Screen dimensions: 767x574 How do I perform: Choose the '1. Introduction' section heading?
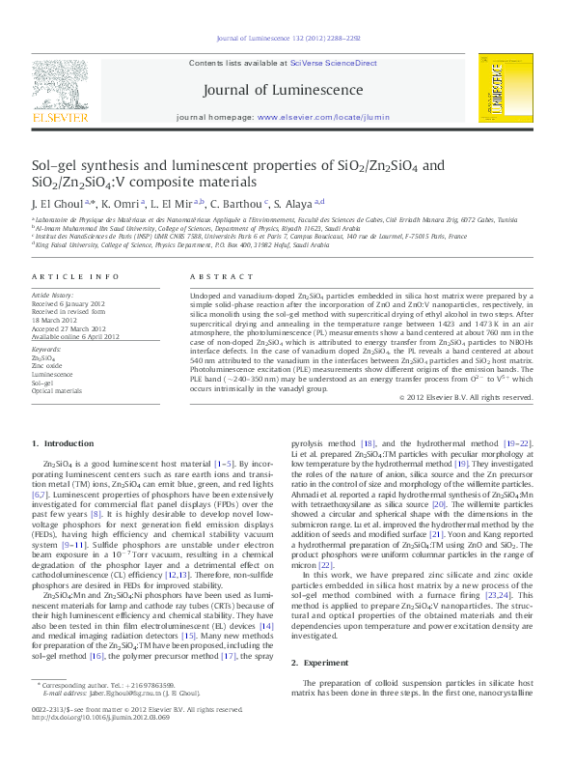pyautogui.click(x=64, y=443)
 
